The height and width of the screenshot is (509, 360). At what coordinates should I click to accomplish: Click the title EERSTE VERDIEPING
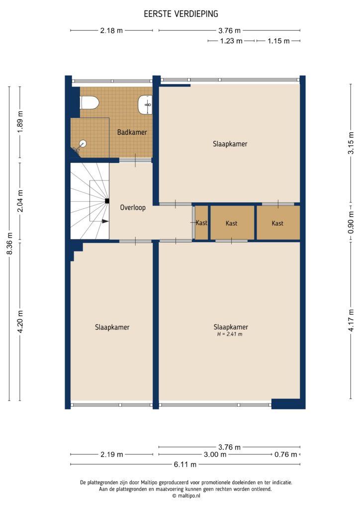pos(181,14)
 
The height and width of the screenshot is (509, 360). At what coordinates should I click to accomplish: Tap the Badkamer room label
pos(132,132)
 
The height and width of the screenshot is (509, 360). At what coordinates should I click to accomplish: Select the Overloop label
pos(133,208)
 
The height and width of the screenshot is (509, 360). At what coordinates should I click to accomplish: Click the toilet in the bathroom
pos(90,103)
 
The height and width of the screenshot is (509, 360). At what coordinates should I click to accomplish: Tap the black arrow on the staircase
pos(105,222)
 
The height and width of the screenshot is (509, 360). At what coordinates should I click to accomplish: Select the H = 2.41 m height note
pos(230,335)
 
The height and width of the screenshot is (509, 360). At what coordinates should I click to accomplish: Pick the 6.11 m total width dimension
pos(184,464)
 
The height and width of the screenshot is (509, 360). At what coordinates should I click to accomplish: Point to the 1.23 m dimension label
pos(231,41)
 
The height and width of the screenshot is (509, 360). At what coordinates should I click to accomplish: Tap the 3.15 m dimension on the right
pos(351,147)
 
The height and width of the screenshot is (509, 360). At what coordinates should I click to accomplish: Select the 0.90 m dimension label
pos(351,222)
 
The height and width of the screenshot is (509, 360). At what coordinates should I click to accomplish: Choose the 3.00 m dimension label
pos(216,454)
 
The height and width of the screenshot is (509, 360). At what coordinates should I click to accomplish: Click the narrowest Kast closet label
pos(201,223)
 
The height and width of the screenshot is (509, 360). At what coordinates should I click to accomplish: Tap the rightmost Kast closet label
pos(277,223)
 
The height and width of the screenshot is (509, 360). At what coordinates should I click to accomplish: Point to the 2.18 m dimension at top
pos(111,30)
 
